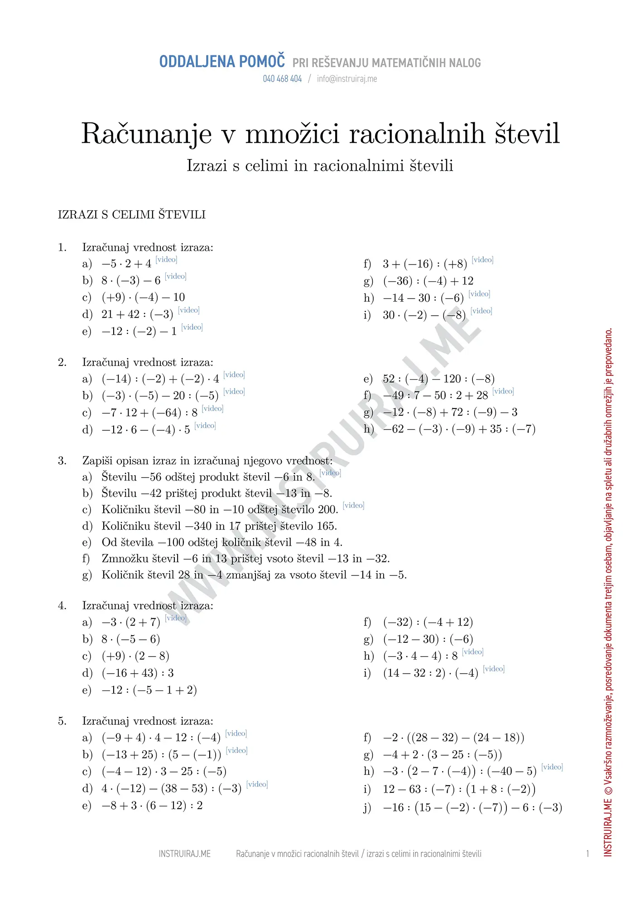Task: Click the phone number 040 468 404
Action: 282,79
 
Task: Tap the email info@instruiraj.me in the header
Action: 347,79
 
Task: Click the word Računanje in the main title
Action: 146,134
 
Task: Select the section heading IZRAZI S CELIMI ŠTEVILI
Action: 132,215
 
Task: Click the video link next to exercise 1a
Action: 166,260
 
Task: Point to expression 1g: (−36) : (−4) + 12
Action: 428,281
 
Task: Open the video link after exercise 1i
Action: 481,311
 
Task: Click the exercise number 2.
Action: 62,362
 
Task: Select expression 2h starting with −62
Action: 459,429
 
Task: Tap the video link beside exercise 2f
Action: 503,391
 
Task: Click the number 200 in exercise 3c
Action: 327,510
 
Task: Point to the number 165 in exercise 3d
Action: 327,526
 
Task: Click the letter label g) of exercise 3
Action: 87,575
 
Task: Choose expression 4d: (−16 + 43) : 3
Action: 138,673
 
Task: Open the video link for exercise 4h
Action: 473,652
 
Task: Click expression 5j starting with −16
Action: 472,808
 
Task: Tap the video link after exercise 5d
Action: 257,784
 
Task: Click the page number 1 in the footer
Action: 587,854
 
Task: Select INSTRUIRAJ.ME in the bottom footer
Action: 185,854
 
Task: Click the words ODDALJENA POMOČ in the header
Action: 222,62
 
